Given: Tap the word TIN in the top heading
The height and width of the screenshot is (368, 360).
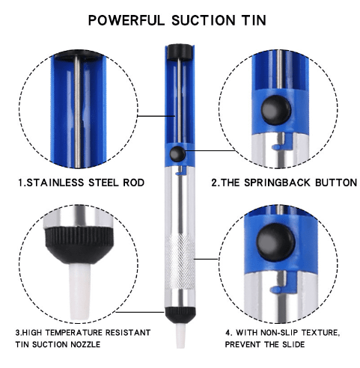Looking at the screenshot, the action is coord(254,20).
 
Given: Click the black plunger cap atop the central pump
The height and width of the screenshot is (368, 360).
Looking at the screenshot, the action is coord(179,52).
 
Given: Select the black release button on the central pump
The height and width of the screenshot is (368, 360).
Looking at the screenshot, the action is coord(177,154).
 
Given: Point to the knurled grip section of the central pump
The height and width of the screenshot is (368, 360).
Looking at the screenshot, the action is coord(180,262).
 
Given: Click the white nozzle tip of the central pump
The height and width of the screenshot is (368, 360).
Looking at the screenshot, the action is coord(180,335).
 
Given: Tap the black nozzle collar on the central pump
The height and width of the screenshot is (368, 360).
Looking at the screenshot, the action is coord(180,316).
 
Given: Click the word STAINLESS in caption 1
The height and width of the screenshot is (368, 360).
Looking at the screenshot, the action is coord(55,183).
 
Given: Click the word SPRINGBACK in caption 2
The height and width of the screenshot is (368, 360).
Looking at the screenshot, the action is coord(278,183).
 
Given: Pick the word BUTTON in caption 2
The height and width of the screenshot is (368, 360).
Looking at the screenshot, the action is coord(336,183).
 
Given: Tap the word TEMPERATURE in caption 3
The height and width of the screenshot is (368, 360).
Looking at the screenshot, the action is coord(74,333).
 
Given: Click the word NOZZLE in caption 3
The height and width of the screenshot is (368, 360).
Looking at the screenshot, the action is coord(85,345).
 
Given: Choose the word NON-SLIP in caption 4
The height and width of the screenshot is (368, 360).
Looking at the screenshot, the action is coord(279,333).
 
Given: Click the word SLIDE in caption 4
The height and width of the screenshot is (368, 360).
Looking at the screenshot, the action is coord(293,345).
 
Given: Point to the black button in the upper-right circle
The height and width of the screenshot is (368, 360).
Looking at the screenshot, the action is coord(276,110).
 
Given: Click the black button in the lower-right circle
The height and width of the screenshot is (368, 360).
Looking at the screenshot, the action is coord(275,242).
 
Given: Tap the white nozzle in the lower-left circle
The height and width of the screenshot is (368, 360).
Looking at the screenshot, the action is coord(79,291).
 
